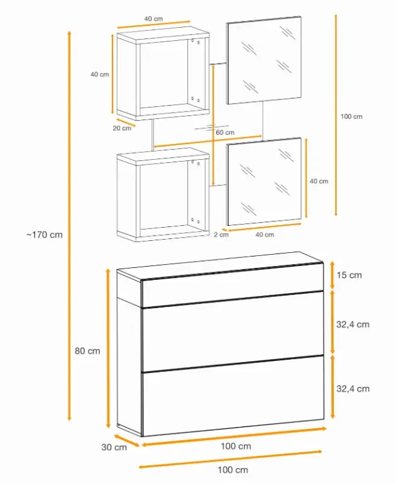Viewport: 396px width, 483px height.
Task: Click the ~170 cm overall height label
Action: click(x=45, y=235)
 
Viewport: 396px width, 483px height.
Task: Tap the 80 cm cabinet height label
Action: click(x=87, y=351)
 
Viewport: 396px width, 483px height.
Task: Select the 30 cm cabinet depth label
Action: click(x=114, y=447)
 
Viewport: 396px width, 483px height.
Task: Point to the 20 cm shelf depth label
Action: click(x=122, y=128)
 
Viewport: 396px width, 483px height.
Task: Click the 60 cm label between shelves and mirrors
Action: click(x=225, y=133)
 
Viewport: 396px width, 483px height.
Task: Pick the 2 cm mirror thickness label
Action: click(x=221, y=235)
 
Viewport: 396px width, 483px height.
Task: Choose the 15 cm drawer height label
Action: click(x=349, y=275)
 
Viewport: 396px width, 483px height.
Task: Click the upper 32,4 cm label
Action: click(x=353, y=325)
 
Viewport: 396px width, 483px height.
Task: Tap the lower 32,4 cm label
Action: click(x=353, y=389)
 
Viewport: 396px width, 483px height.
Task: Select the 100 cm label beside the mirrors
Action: click(x=351, y=116)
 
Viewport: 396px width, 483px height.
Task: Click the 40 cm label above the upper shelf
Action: click(x=153, y=19)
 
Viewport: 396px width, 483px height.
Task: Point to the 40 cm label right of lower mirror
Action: click(x=319, y=181)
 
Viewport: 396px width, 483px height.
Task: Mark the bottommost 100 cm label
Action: click(x=233, y=470)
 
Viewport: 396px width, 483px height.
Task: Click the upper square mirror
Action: click(x=264, y=60)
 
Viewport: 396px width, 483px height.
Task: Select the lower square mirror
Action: click(x=264, y=181)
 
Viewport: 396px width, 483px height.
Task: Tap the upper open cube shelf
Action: click(x=163, y=74)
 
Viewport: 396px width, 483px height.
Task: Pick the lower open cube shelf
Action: click(x=163, y=195)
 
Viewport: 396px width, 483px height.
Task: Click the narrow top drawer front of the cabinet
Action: click(x=233, y=285)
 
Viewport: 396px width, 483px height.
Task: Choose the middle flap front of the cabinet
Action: click(x=233, y=331)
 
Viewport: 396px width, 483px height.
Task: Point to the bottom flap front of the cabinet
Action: click(x=233, y=396)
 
